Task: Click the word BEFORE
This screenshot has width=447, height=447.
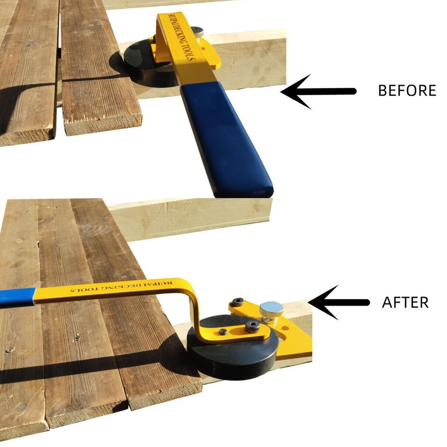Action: (x=407, y=90)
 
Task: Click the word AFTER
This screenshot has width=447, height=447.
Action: (x=405, y=302)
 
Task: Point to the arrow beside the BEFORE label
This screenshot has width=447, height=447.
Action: (x=318, y=92)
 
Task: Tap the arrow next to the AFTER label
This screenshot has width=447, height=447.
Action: (x=339, y=303)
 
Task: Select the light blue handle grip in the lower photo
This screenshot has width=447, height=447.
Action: (x=17, y=297)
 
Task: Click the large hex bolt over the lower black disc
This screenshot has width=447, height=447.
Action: (x=253, y=327)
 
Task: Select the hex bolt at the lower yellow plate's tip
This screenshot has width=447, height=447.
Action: (x=237, y=302)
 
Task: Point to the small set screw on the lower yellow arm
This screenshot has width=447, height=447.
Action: (x=223, y=332)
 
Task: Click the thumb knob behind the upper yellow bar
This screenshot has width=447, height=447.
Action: (x=197, y=31)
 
